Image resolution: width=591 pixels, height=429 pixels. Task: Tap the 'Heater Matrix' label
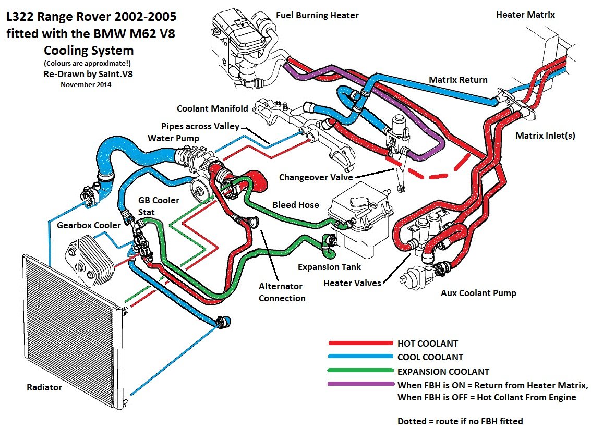click(x=525, y=15)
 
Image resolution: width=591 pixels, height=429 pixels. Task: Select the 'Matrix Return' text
click(x=458, y=80)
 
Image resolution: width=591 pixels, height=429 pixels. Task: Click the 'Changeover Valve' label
click(x=315, y=177)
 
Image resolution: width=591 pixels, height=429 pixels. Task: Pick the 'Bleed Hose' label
click(x=295, y=205)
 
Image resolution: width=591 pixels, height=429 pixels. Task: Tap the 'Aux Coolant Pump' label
click(x=478, y=293)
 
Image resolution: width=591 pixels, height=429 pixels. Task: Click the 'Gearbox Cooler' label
click(x=89, y=225)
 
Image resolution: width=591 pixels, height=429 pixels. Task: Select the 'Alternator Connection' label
click(x=282, y=292)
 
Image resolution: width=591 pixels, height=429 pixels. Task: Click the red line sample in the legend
click(x=360, y=344)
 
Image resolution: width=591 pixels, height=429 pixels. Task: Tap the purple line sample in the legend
click(x=360, y=385)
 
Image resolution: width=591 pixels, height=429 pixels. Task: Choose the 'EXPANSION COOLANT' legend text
click(x=443, y=372)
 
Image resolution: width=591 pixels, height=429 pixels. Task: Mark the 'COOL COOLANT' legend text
click(x=430, y=358)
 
